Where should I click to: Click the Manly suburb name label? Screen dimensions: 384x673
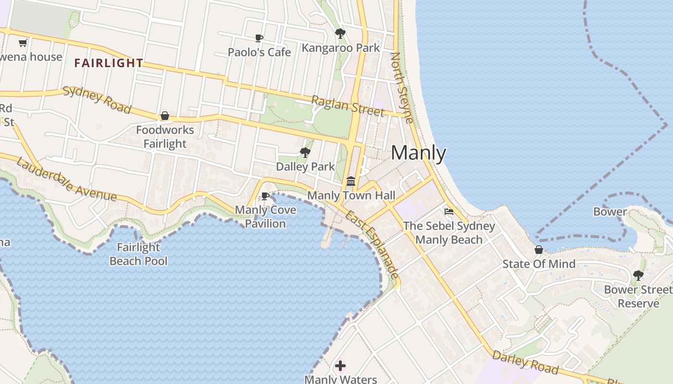418,153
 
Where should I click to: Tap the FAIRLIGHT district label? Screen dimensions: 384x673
109,63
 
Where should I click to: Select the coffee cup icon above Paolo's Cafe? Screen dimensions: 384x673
259,38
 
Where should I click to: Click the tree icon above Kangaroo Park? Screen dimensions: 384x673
340,34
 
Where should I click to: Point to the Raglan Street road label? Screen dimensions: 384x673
348,106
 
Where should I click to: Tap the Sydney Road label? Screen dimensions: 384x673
97,100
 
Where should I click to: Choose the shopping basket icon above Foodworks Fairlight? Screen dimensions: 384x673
165,116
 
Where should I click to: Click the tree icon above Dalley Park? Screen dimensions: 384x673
305,153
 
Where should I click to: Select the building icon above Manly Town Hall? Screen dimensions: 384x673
351,181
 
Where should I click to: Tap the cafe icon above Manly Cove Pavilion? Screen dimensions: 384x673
265,196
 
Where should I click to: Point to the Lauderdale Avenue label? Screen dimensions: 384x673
66,179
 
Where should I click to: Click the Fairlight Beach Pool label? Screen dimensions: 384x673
138,254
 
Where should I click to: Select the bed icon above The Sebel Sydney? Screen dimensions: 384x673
449,211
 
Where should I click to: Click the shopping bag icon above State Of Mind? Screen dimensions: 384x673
539,250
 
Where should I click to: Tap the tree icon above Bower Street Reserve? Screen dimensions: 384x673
638,276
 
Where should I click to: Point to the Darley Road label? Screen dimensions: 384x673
525,362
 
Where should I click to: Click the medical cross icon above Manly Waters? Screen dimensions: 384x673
340,366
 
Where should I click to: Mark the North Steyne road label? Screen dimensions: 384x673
402,87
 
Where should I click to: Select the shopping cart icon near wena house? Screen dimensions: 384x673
23,43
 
